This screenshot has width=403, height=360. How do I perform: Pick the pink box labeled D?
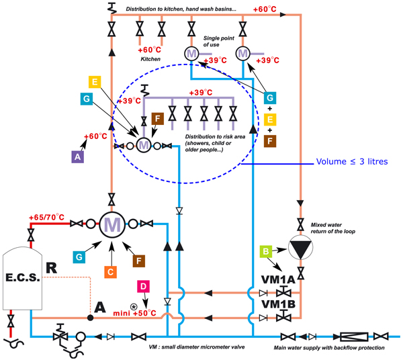pos(144,287)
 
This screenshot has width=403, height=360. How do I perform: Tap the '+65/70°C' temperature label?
pos(46,218)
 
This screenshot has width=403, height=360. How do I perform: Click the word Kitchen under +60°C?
pos(151,60)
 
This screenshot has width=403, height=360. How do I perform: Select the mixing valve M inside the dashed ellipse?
pos(144,144)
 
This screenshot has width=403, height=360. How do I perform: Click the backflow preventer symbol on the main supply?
pos(351,336)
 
